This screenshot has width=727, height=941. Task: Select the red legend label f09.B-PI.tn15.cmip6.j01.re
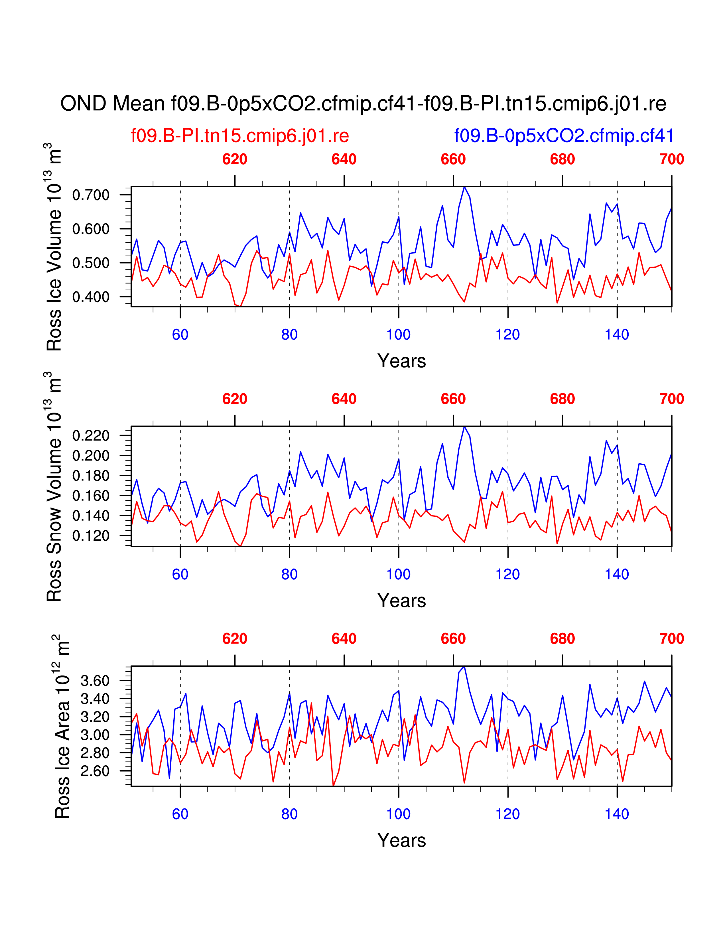[240, 136]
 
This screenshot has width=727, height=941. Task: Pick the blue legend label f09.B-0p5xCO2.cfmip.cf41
[564, 136]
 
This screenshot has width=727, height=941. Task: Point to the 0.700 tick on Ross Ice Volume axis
[91, 195]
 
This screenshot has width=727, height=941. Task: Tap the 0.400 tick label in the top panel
[91, 297]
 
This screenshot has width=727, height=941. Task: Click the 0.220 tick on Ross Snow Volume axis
[91, 436]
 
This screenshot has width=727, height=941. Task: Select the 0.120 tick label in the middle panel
[91, 536]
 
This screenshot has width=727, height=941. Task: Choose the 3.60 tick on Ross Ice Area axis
[95, 681]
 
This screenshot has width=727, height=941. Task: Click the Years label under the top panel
[401, 361]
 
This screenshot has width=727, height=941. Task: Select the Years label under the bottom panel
[401, 841]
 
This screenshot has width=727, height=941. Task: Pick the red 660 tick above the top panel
[453, 159]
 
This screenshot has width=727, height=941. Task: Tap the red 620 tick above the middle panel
[235, 399]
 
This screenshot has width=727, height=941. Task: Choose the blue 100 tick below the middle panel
[398, 574]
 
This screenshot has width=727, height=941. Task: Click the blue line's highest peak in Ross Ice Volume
[464, 187]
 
